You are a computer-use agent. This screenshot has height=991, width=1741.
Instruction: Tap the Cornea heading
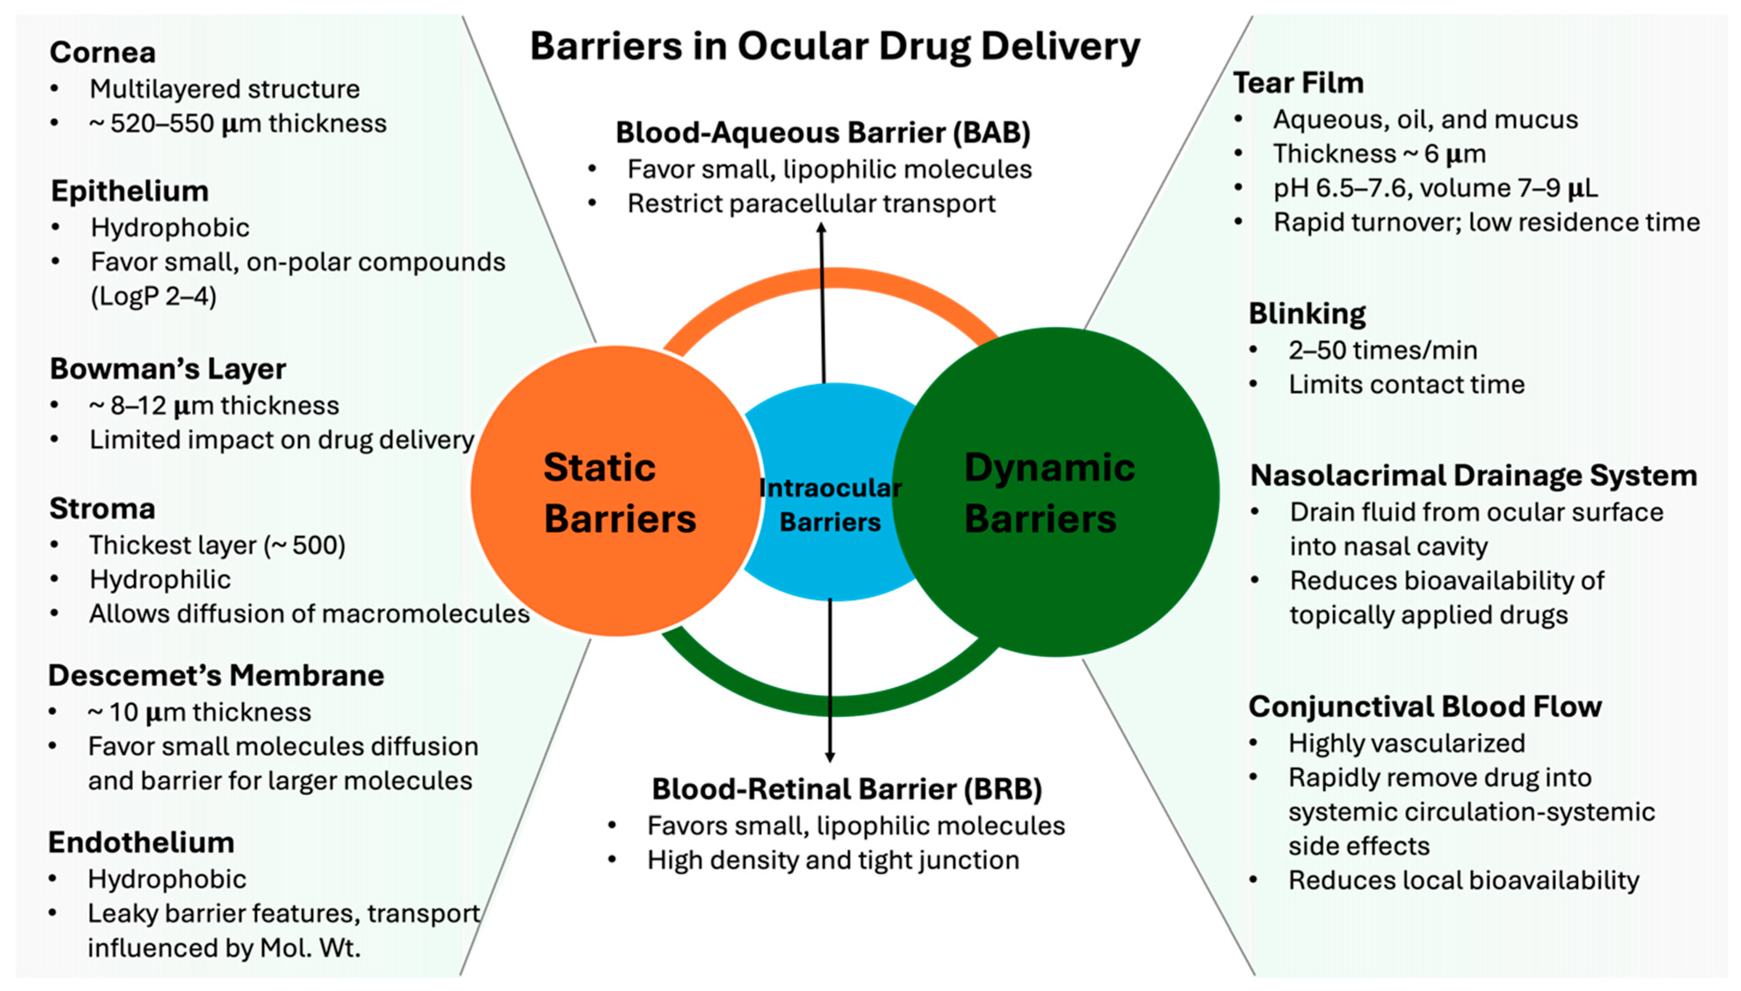(103, 52)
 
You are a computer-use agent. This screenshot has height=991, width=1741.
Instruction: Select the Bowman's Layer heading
(167, 369)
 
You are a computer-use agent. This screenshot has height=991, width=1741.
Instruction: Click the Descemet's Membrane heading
(216, 675)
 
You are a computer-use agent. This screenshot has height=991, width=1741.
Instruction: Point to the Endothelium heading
(141, 843)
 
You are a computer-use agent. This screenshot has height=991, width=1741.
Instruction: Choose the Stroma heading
(102, 508)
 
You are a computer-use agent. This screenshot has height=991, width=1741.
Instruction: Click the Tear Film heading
(1298, 83)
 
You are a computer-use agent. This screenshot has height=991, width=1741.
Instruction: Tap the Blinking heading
(1307, 314)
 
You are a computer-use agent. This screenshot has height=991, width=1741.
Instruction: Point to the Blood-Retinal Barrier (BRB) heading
(847, 789)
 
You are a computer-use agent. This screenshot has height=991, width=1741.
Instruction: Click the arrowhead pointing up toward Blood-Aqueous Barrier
(822, 228)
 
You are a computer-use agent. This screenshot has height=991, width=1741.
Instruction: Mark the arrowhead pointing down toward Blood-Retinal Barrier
(829, 757)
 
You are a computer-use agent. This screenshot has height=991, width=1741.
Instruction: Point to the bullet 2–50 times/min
(1382, 350)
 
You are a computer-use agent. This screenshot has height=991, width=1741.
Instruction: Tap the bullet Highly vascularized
(1406, 743)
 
